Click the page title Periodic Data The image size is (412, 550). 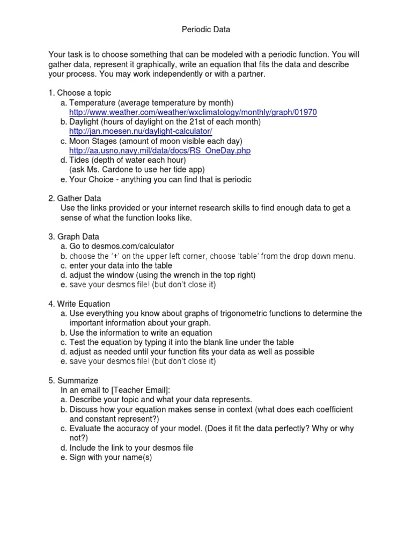point(206,30)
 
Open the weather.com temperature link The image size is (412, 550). point(193,112)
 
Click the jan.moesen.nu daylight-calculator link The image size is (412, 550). point(141,132)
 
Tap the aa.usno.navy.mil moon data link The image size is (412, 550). point(160,151)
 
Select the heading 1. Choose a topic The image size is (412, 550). point(80,93)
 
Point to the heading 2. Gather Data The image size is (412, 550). point(75,198)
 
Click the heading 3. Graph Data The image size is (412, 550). point(74,236)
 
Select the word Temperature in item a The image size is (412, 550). point(92,103)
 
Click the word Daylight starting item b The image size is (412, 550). point(85,122)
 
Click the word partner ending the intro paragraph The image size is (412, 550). point(251,74)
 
